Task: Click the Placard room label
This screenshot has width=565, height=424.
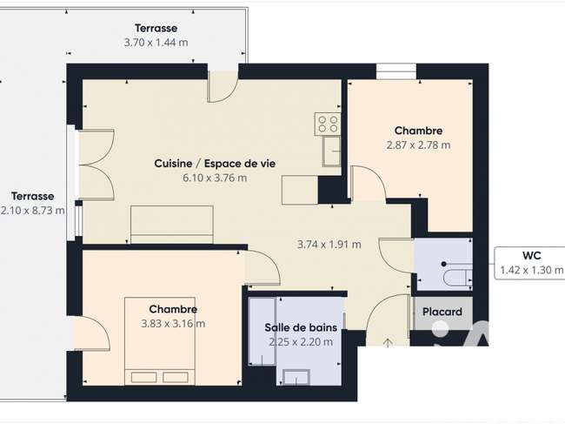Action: [442, 312]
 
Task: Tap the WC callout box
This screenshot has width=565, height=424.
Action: [529, 263]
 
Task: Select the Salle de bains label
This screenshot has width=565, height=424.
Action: [301, 327]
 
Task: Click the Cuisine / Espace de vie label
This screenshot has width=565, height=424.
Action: [215, 164]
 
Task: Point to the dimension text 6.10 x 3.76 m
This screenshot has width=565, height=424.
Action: [215, 178]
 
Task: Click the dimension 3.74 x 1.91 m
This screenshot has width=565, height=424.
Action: [329, 245]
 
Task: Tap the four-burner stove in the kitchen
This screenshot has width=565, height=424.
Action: [328, 124]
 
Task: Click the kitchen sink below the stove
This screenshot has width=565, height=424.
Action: [331, 151]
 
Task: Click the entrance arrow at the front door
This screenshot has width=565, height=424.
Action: [388, 342]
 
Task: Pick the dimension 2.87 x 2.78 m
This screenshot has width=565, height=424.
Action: [418, 145]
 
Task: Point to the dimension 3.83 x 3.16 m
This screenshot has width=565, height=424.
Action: [173, 323]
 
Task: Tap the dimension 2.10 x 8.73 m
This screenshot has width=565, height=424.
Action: [32, 211]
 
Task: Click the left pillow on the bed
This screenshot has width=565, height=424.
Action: [143, 378]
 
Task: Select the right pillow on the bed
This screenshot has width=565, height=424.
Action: [176, 378]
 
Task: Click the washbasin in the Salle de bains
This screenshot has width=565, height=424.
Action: [296, 378]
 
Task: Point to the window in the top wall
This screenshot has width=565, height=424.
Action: [396, 71]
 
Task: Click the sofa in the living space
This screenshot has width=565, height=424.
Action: [172, 225]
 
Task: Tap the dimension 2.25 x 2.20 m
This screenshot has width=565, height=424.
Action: [301, 342]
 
